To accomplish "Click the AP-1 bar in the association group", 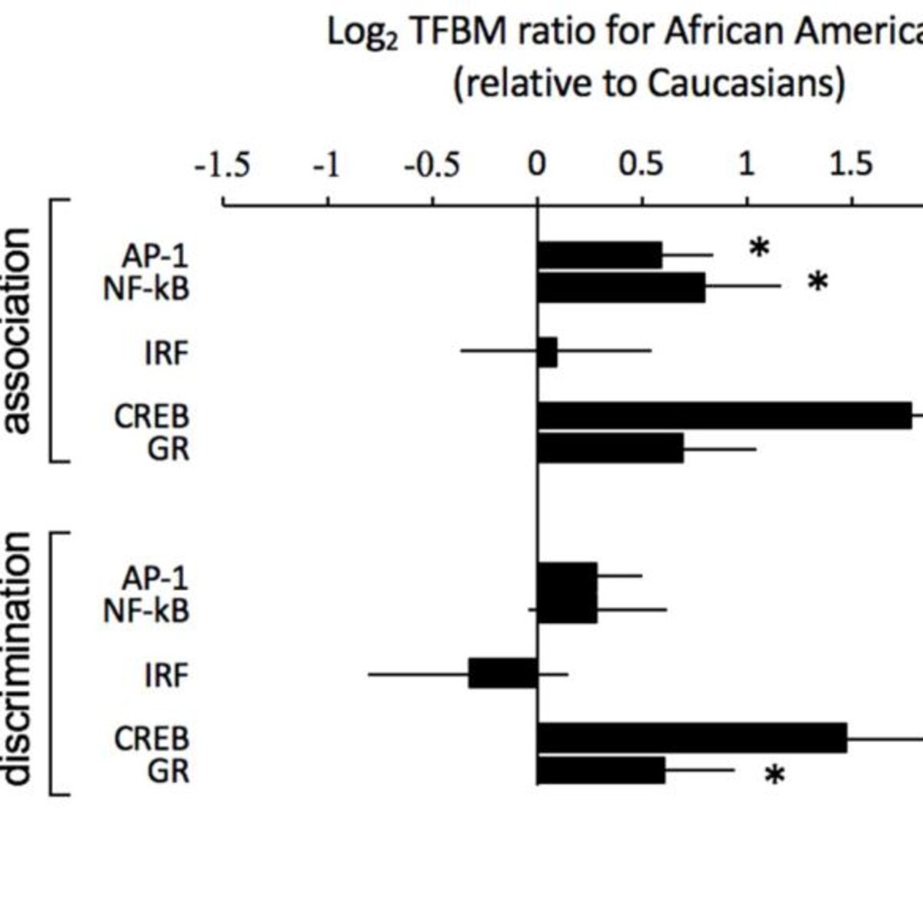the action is (600, 256).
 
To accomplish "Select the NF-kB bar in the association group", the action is (621, 288).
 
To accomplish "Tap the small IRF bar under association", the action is (548, 352).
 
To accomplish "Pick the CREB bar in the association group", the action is (725, 415).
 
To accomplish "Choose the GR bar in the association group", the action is (611, 448).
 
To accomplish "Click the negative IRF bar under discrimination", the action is (503, 673).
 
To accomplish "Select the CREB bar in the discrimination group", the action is (692, 738).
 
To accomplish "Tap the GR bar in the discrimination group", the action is (601, 770).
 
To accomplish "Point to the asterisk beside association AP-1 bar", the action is (759, 248).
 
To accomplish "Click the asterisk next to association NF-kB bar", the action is (818, 282).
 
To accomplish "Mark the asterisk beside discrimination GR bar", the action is (775, 776).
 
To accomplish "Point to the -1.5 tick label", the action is (222, 165).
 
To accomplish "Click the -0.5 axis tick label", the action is (432, 165).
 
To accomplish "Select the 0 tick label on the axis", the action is (537, 165).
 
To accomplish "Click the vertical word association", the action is (18, 332).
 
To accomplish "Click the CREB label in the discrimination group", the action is (152, 739).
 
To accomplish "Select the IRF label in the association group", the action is (166, 354).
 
